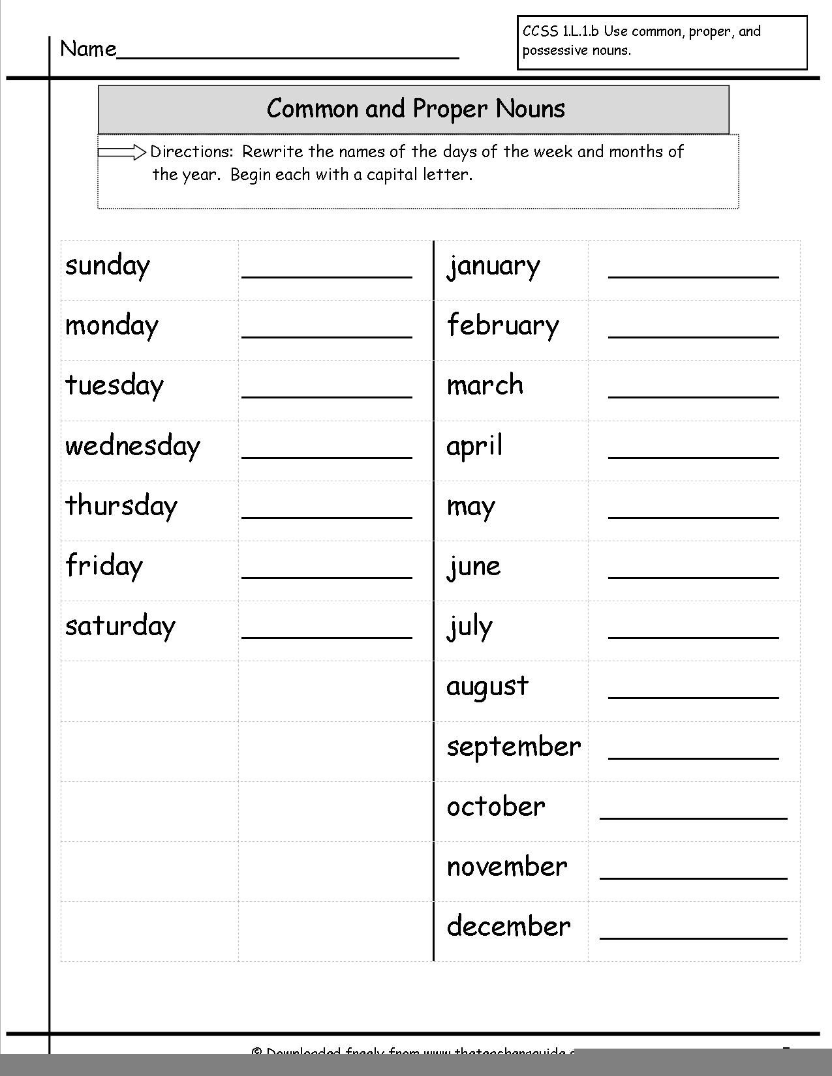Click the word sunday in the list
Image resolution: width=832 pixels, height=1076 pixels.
[108, 266]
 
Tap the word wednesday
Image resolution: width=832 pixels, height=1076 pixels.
[132, 446]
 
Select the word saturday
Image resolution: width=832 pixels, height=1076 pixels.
[121, 626]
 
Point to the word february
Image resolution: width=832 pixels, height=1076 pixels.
[503, 325]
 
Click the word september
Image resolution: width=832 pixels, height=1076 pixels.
[514, 747]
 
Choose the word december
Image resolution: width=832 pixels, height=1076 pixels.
[508, 926]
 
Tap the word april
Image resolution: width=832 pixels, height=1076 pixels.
[474, 447]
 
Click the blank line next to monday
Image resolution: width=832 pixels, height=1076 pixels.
[326, 337]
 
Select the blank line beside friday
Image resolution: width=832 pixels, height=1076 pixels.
[326, 577]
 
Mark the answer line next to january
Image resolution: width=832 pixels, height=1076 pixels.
[693, 277]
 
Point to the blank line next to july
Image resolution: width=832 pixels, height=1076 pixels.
[693, 637]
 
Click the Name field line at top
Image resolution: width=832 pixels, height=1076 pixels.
[287, 57]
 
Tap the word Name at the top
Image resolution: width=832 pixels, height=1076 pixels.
[88, 49]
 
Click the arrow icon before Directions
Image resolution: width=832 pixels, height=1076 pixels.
[122, 153]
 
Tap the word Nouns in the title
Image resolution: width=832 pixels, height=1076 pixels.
[530, 108]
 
